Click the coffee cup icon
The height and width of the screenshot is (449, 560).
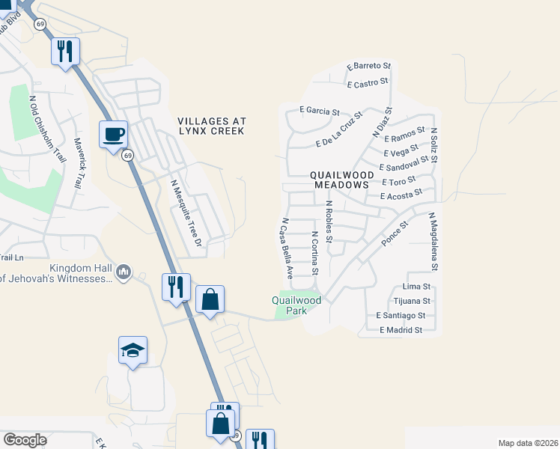(113, 135)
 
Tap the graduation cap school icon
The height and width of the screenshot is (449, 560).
(133, 350)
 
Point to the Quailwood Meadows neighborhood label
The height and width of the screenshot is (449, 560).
(341, 179)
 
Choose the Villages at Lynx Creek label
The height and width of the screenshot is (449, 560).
(211, 126)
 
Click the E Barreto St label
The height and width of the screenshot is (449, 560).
(369, 67)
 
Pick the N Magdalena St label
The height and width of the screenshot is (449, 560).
(433, 241)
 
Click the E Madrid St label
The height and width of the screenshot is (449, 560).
(401, 330)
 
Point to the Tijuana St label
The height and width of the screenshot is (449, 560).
(409, 301)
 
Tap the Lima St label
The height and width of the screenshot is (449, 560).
(416, 287)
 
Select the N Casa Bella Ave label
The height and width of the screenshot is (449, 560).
(285, 248)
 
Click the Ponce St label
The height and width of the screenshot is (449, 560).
(395, 234)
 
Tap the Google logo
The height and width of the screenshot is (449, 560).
(25, 440)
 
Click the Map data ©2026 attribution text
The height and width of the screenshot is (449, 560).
(527, 443)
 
